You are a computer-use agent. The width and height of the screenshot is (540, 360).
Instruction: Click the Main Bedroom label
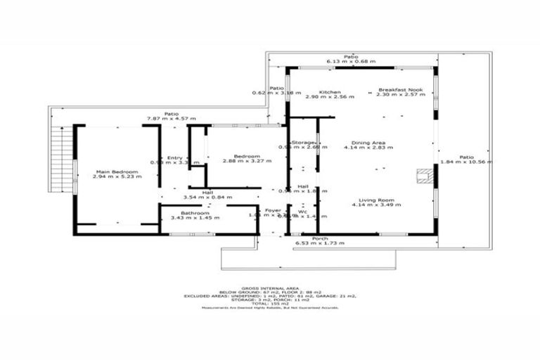[x=116, y=172]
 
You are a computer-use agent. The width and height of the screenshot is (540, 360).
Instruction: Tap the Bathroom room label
[x=193, y=213]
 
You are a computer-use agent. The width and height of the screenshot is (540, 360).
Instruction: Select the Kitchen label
[x=330, y=92]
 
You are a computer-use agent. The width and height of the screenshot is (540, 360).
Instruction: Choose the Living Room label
[x=368, y=200]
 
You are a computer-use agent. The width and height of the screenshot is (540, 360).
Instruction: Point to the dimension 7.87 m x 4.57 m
[x=171, y=119]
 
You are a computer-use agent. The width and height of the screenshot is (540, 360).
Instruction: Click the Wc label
[x=302, y=211]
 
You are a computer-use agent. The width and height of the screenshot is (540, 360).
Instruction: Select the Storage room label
[x=303, y=142]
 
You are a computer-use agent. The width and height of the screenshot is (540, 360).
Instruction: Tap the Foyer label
[x=272, y=211]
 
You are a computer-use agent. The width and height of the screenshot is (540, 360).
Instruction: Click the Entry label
[x=174, y=157]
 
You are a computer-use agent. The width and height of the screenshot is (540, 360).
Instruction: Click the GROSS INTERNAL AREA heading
[x=269, y=288]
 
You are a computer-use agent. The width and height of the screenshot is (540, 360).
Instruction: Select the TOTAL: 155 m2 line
[x=269, y=304]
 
